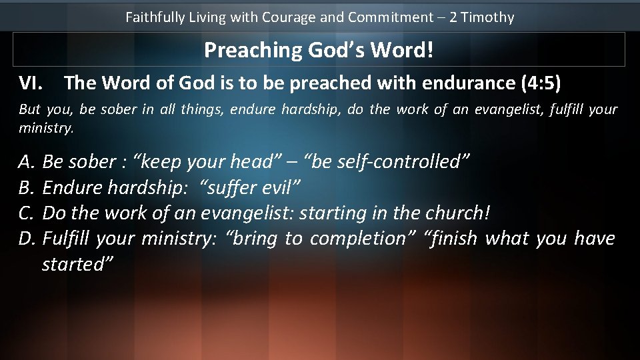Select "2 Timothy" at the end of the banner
pyautogui.click(x=481, y=17)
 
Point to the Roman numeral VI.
pyautogui.click(x=31, y=83)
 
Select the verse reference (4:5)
pyautogui.click(x=539, y=83)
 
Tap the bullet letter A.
pyautogui.click(x=27, y=161)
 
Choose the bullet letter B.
pyautogui.click(x=27, y=187)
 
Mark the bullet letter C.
pyautogui.click(x=27, y=213)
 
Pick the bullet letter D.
pyautogui.click(x=27, y=238)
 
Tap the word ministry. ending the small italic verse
pyautogui.click(x=47, y=127)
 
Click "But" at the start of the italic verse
pyautogui.click(x=29, y=109)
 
